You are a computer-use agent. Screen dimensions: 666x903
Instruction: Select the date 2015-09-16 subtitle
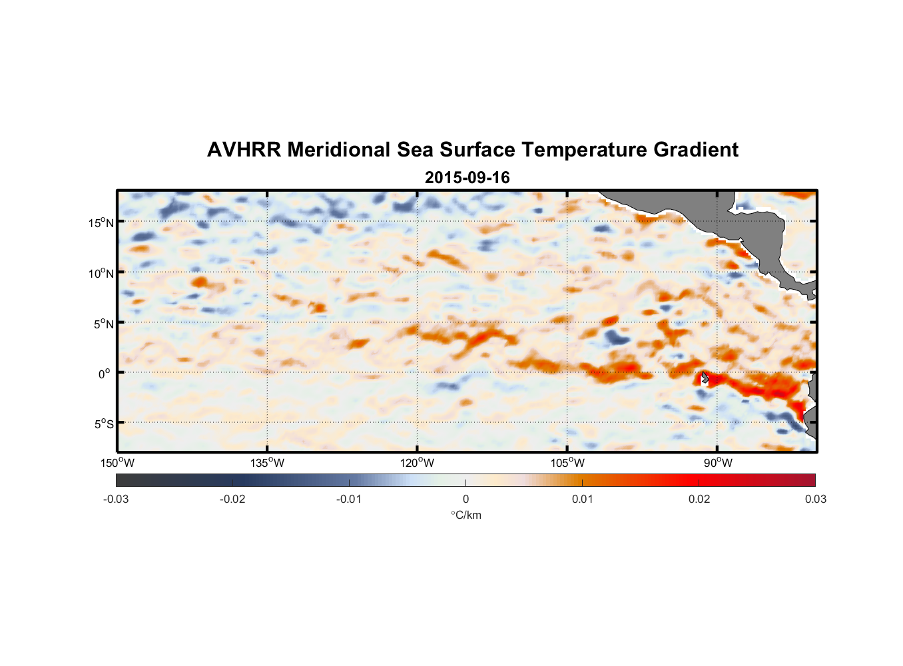point(467,178)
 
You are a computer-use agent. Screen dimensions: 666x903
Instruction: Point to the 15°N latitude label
point(101,222)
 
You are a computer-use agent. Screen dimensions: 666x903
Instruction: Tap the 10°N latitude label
point(101,273)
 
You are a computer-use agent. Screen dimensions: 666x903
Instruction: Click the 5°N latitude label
point(104,324)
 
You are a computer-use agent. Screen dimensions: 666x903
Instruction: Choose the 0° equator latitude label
point(105,374)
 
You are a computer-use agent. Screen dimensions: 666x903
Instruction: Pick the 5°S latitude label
point(104,424)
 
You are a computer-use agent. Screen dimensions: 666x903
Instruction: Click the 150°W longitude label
point(118,463)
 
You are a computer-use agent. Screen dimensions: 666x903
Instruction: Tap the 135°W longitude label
point(268,463)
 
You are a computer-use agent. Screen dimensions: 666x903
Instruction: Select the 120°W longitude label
point(418,463)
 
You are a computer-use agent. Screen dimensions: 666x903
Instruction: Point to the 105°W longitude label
point(567,463)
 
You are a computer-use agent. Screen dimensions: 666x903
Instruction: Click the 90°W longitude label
point(718,463)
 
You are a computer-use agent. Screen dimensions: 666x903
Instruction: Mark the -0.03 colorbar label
point(116,499)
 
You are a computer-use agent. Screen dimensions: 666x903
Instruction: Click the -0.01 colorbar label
point(349,499)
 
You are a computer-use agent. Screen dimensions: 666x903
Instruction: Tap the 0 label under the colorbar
point(465,499)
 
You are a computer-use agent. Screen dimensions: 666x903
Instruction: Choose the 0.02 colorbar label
point(699,499)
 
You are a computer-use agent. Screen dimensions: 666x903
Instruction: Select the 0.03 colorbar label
point(815,499)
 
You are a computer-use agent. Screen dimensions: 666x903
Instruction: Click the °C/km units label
point(465,515)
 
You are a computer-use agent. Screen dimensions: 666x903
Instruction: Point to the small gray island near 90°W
point(705,378)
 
